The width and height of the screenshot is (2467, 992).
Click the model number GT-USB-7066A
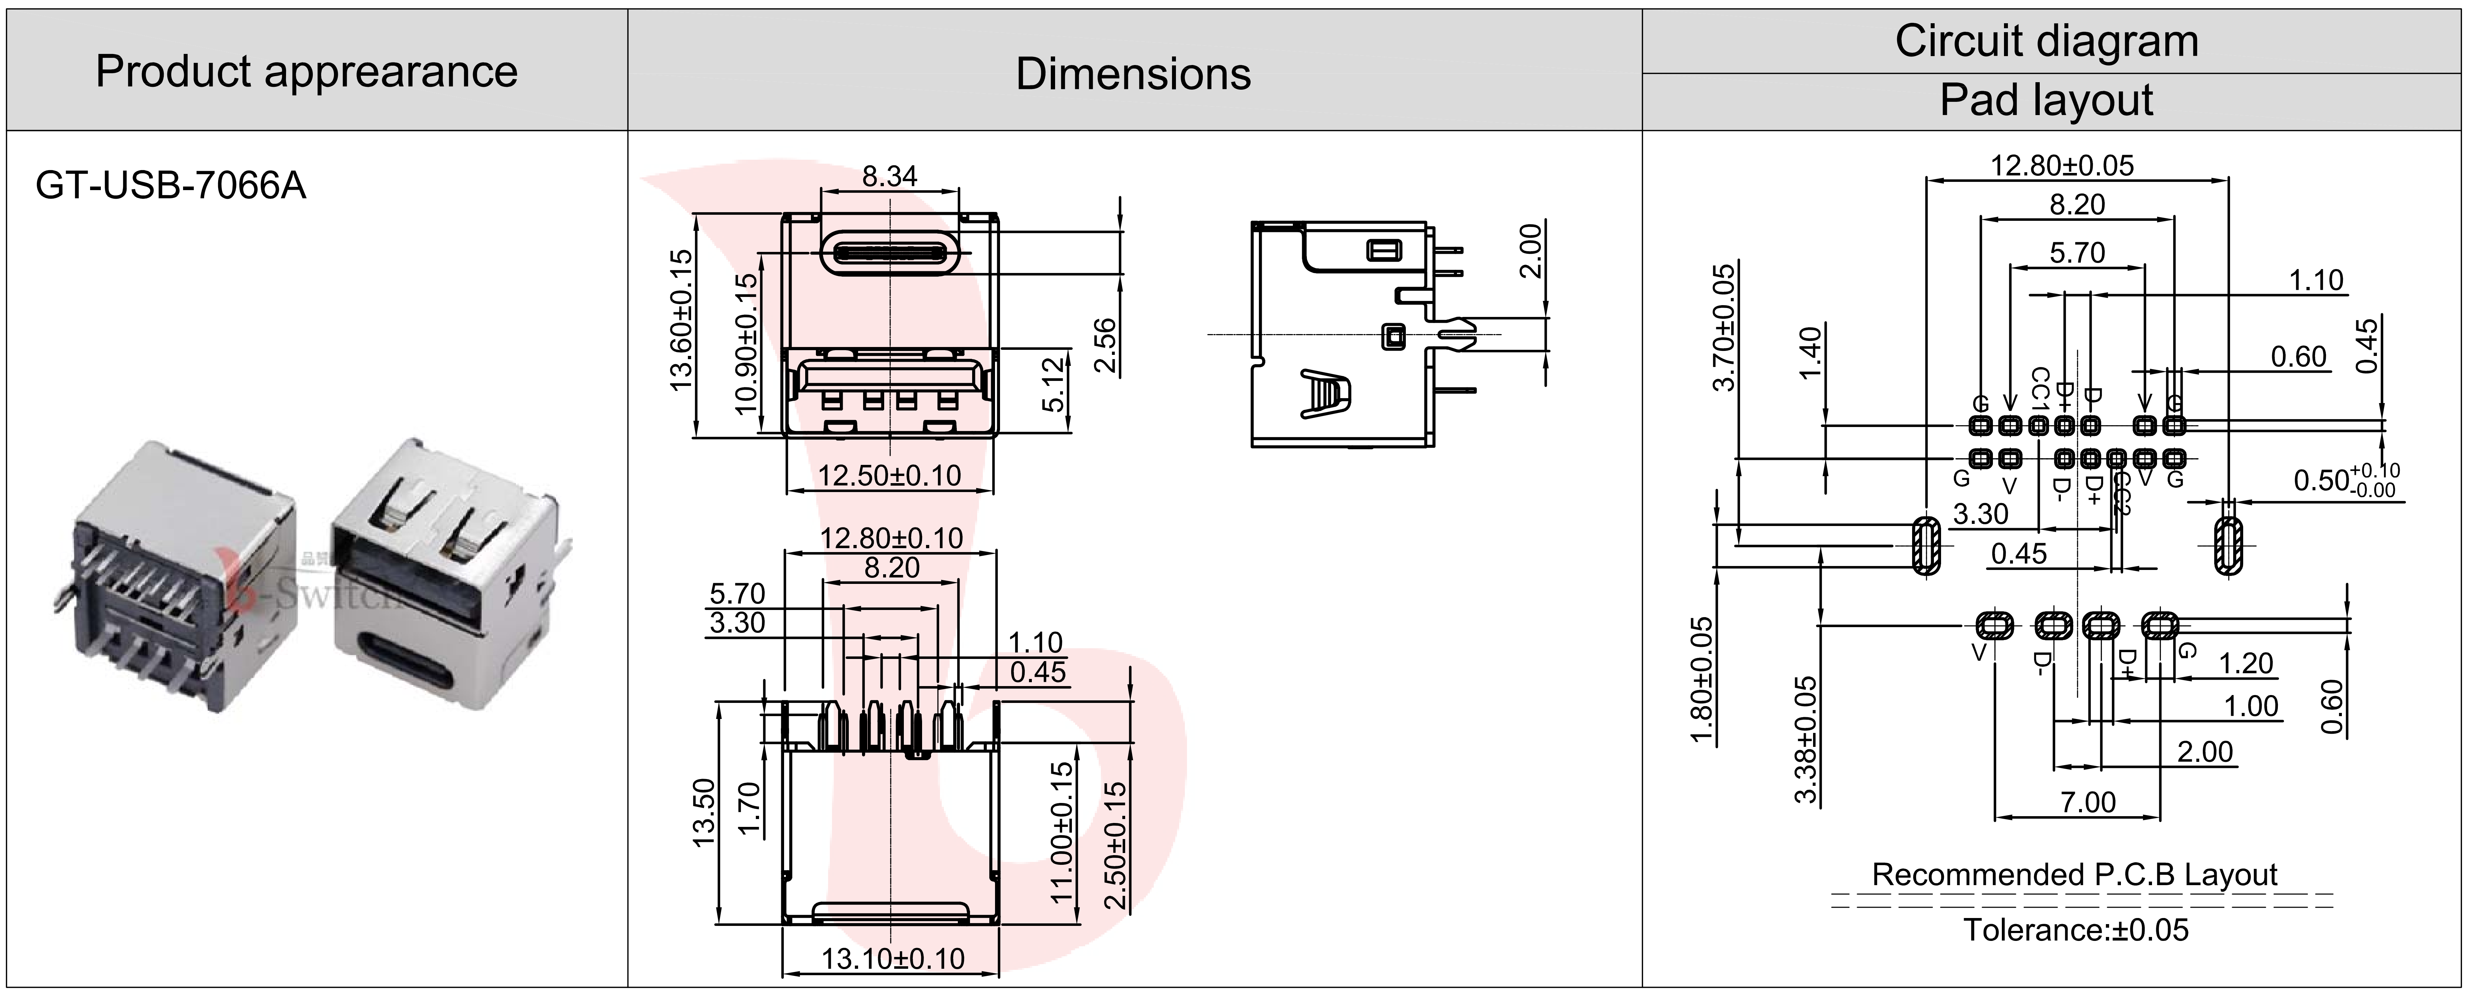coord(171,185)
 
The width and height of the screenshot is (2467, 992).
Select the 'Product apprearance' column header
coord(306,72)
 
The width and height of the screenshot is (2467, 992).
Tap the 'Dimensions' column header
coord(1133,74)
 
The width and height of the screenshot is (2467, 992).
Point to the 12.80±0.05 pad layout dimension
coord(2062,166)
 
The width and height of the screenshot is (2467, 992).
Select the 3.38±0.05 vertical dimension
coord(1805,739)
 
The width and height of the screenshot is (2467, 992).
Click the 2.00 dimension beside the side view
coord(1531,251)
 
